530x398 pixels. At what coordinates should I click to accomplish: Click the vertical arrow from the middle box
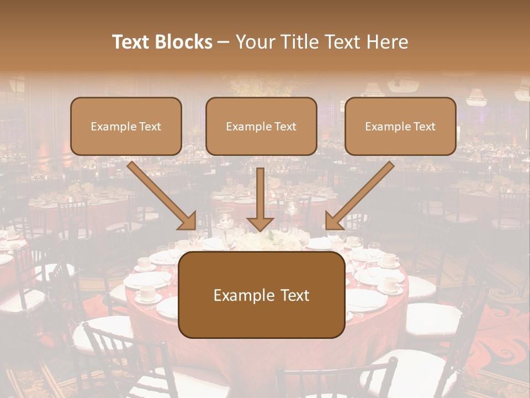[x=261, y=193]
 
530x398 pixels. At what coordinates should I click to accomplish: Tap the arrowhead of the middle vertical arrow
[x=261, y=224]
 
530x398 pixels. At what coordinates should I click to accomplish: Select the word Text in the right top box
[x=424, y=127]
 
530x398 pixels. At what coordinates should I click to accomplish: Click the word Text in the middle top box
[x=285, y=127]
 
